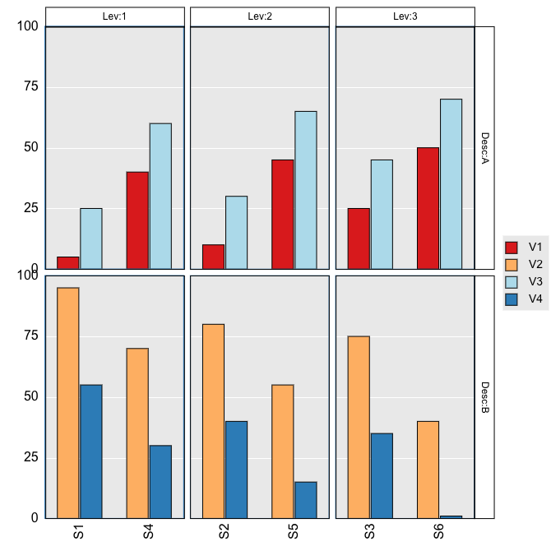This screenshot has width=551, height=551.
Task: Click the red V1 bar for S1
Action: tap(68, 262)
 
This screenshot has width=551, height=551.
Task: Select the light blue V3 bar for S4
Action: tap(160, 196)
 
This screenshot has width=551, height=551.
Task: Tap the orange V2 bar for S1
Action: tap(68, 403)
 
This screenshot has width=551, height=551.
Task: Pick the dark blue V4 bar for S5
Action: tap(306, 500)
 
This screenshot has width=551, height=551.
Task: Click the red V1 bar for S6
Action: tap(428, 208)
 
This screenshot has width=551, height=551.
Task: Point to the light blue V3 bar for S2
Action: tap(236, 232)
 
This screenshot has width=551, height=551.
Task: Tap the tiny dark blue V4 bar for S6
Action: tap(451, 516)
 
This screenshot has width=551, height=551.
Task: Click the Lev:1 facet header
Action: tap(114, 16)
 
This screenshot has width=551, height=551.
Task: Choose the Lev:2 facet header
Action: tap(260, 16)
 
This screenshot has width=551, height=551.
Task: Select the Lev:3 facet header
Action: tap(405, 16)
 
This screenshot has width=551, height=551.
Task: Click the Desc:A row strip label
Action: tap(484, 148)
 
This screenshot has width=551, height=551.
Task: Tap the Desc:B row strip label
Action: tap(484, 397)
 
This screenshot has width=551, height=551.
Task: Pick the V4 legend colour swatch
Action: tap(512, 299)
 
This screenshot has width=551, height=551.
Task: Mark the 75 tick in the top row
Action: tap(30, 87)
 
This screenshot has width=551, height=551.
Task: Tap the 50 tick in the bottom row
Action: tap(30, 396)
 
